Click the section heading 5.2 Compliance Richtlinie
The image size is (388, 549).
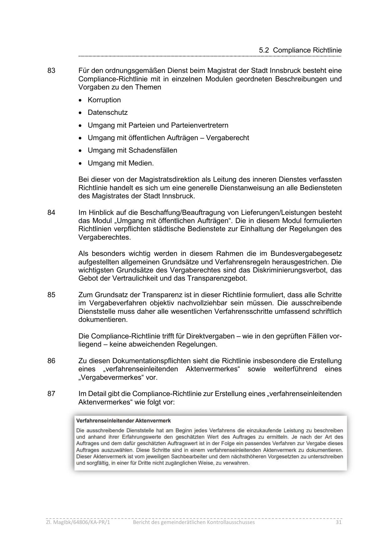(300, 50)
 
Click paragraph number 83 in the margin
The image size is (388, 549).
(51, 71)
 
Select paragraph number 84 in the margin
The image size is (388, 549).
(51, 213)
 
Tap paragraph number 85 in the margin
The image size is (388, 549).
(51, 295)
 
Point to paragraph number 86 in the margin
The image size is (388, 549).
(51, 361)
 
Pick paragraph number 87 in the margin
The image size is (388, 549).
(51, 394)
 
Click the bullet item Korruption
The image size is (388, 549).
(104, 100)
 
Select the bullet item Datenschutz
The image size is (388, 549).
(108, 113)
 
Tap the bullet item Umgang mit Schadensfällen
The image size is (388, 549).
(132, 150)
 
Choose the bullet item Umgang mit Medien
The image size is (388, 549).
(121, 163)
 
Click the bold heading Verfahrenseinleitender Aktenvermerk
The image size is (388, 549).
(124, 421)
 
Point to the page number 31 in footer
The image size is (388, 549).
(338, 522)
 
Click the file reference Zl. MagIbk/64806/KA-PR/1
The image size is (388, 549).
(78, 522)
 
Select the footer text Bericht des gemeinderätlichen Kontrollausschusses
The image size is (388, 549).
(194, 522)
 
